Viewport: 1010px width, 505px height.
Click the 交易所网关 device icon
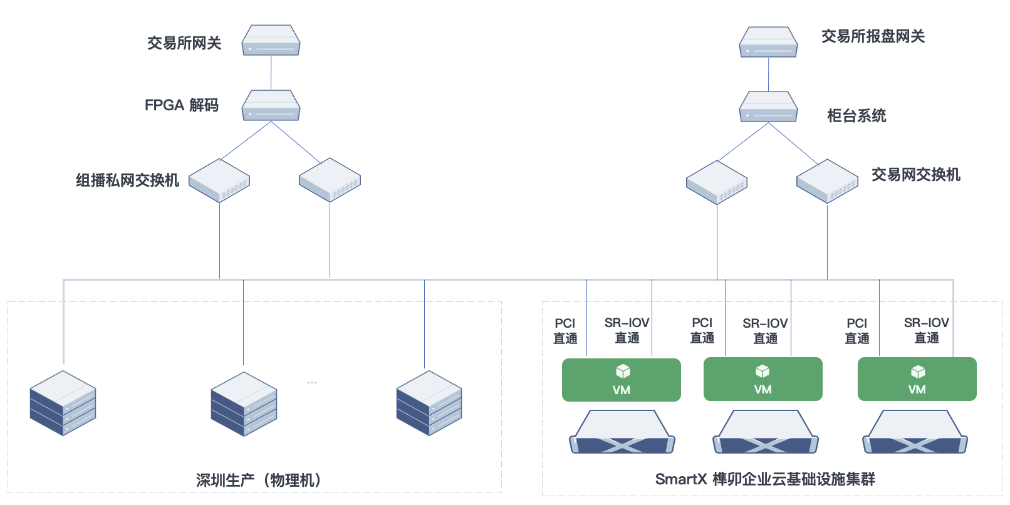271,41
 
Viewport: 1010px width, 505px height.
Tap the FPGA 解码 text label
181,105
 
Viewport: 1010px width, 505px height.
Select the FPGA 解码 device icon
271,106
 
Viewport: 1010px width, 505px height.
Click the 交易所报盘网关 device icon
768,43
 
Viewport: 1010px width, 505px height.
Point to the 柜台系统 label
856,116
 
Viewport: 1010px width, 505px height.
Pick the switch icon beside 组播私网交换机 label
219,180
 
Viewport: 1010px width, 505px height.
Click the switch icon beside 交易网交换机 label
827,181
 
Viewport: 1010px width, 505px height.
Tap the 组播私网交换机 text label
127,180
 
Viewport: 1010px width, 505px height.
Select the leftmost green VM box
621,380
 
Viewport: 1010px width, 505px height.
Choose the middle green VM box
763,379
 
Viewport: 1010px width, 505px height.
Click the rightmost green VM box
917,379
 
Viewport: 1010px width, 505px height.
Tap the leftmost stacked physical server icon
63,403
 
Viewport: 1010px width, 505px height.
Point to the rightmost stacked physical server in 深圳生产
429,403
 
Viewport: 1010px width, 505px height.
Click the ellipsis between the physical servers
312,382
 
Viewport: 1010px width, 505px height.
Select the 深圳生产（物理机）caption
258,481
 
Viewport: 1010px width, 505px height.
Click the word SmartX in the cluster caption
680,479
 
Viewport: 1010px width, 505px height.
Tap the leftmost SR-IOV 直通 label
627,330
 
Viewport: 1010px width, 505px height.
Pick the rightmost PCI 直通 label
856,331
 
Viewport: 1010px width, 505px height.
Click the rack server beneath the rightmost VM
915,432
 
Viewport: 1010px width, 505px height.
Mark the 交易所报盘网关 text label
873,36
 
